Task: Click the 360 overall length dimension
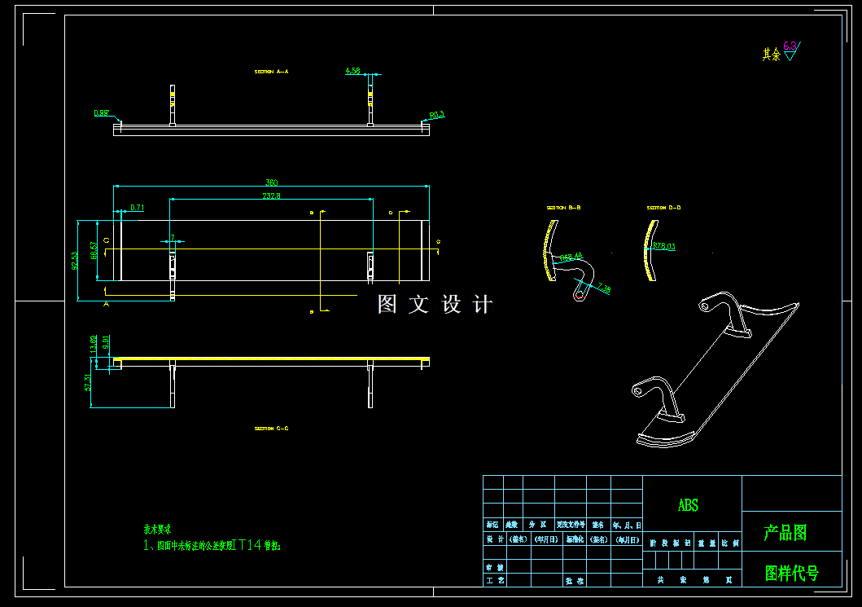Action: click(x=272, y=183)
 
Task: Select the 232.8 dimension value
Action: click(x=272, y=196)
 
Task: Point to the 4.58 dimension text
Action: click(x=352, y=71)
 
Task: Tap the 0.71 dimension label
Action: click(x=138, y=208)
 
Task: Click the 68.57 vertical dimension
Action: click(x=94, y=250)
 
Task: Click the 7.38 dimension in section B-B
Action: click(x=603, y=288)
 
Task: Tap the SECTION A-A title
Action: click(x=271, y=72)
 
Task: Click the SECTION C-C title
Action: click(x=271, y=428)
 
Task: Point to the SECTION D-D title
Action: click(x=663, y=208)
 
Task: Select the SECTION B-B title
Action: click(x=563, y=208)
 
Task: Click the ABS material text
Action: click(x=688, y=506)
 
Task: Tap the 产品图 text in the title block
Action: click(x=785, y=533)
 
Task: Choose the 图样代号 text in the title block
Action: click(x=791, y=573)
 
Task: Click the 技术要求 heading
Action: click(x=157, y=529)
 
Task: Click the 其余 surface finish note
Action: click(x=771, y=55)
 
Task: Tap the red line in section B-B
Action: click(x=579, y=296)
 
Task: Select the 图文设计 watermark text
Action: click(x=435, y=305)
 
